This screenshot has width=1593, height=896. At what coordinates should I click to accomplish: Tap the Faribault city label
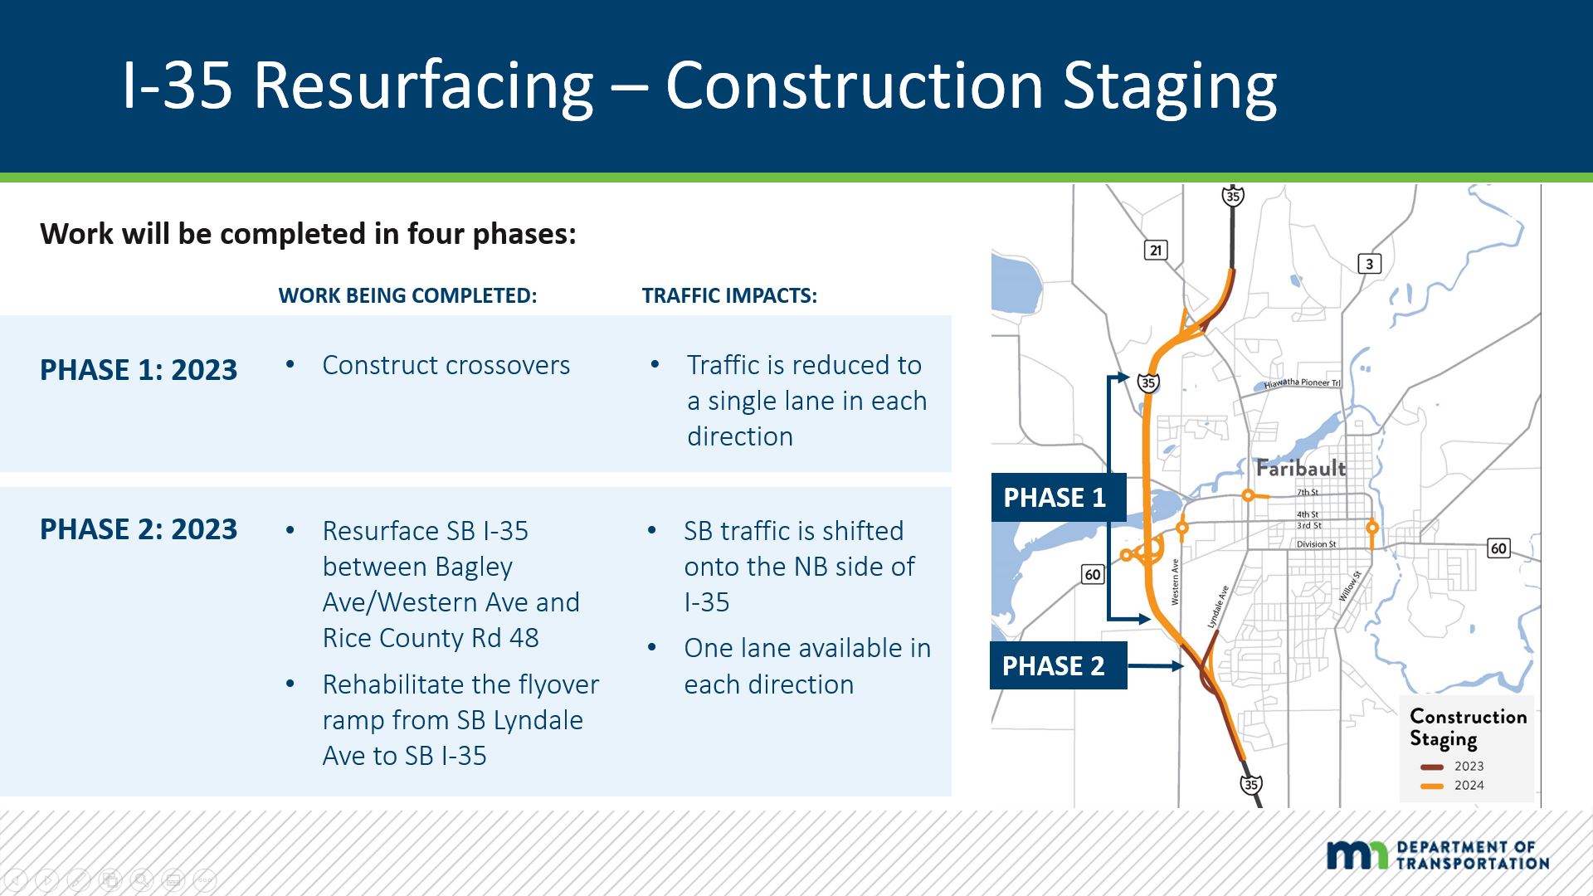tap(1300, 468)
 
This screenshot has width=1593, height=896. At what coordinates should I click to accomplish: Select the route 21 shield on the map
tap(1156, 250)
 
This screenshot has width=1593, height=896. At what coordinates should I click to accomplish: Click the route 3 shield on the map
tap(1369, 264)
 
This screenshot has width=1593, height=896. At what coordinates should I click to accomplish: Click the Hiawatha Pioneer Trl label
tap(1302, 383)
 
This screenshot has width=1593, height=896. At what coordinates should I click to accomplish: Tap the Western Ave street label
tap(1175, 582)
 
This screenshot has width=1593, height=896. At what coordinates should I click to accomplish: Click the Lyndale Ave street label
tap(1218, 607)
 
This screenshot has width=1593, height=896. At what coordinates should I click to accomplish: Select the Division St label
tap(1316, 545)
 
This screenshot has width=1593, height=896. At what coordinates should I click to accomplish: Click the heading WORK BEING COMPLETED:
tap(407, 296)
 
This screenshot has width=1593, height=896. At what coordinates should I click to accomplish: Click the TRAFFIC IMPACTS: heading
tap(729, 296)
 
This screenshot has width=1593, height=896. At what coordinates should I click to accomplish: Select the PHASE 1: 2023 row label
tap(139, 370)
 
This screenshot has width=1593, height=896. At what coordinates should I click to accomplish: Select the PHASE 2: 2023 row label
tap(139, 529)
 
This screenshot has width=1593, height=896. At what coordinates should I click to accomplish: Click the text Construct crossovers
tap(446, 365)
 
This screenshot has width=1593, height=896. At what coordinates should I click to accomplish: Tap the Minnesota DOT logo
tap(1437, 855)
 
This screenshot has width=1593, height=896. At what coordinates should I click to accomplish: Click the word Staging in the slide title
tap(1170, 86)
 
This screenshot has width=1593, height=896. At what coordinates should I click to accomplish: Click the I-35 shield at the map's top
tap(1233, 197)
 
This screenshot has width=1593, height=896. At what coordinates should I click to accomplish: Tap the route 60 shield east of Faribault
tap(1498, 548)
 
